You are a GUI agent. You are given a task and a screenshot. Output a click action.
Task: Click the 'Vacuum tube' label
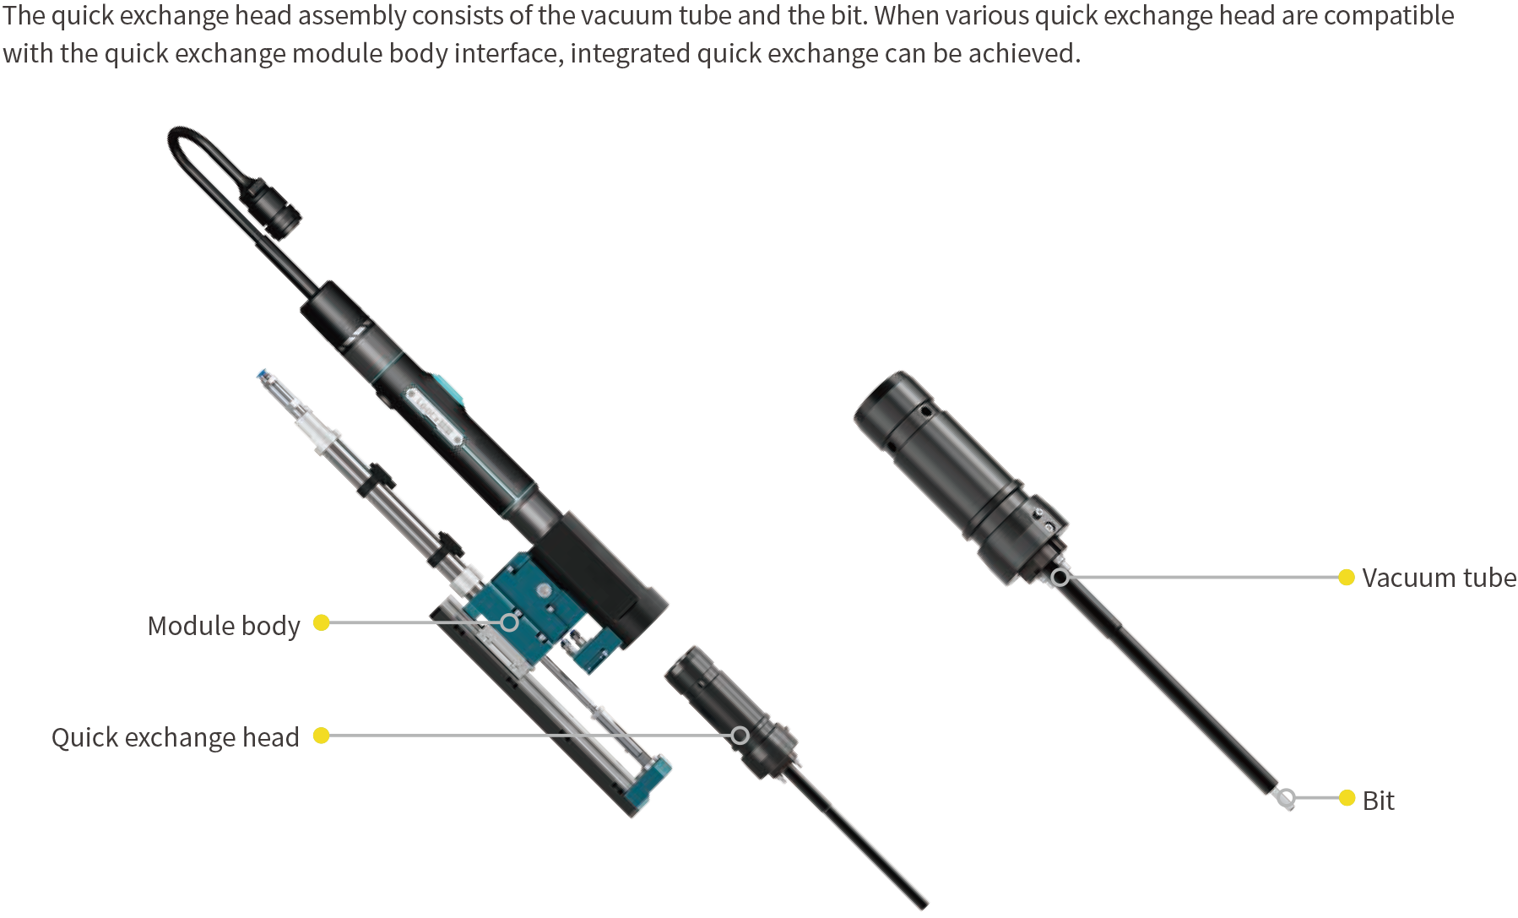coord(1439,578)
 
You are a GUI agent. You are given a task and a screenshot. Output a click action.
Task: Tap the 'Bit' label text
coord(1378,801)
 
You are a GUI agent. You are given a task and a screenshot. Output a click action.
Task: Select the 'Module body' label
coord(224,626)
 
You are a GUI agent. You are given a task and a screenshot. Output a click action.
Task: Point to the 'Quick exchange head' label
coord(176,737)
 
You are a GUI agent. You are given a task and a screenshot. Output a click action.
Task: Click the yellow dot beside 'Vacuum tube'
coord(1347,577)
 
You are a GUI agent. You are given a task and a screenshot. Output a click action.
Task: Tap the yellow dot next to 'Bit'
coord(1347,797)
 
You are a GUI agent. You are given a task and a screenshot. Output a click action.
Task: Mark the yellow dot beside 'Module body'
coord(321,622)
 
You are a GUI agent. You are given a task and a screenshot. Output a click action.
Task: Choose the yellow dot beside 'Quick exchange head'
coord(321,736)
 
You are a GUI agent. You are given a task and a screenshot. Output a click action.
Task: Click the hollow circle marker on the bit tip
coord(1287,797)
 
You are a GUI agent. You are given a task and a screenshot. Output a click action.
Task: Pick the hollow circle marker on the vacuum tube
coord(1060,577)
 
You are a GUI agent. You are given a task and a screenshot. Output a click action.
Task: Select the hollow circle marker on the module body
coord(509,622)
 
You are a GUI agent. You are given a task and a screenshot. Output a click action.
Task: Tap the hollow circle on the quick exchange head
coord(740,736)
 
